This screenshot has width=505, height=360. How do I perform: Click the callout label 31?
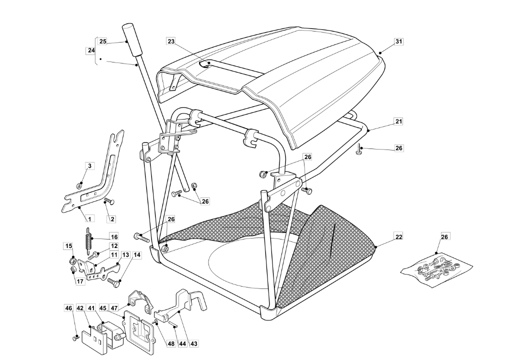(x=399, y=41)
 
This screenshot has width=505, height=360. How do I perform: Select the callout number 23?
(x=171, y=41)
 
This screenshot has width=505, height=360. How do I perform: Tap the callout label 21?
(x=399, y=121)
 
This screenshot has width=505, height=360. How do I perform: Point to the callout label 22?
(x=399, y=236)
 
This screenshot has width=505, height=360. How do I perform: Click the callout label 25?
(x=102, y=41)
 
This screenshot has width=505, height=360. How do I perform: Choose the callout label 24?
(x=91, y=50)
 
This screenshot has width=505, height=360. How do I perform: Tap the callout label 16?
(x=114, y=237)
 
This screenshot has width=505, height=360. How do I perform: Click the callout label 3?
(x=90, y=166)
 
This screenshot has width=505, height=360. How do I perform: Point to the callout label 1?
(x=89, y=219)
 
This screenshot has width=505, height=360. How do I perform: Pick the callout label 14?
(x=137, y=254)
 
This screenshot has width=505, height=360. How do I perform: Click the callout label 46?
(x=68, y=308)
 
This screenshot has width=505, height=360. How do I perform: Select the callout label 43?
(x=193, y=343)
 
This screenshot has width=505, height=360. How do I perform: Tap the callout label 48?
(x=171, y=343)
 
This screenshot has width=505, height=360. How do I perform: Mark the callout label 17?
(x=80, y=281)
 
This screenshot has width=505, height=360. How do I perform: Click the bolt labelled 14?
(x=113, y=282)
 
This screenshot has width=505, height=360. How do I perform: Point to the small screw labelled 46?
(x=75, y=338)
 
